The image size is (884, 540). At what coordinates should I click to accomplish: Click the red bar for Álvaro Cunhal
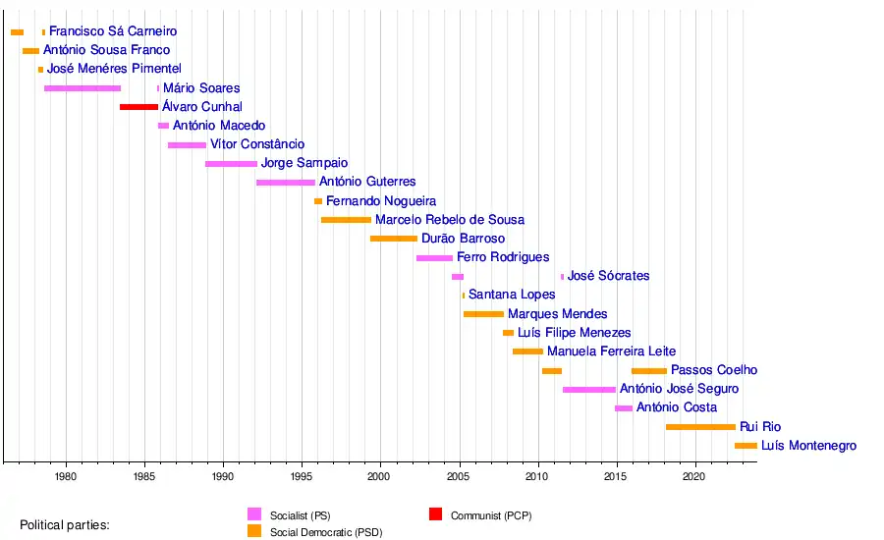[x=138, y=107]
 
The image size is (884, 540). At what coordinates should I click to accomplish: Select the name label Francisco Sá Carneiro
[x=113, y=32]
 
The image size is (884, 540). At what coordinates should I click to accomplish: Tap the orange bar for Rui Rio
[x=700, y=427]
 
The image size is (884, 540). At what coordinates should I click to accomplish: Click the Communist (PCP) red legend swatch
[x=437, y=514]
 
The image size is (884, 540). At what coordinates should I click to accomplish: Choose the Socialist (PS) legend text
[x=299, y=515]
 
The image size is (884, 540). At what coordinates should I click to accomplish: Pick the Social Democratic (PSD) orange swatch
[x=254, y=531]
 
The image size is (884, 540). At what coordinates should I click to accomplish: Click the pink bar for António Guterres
[x=286, y=183]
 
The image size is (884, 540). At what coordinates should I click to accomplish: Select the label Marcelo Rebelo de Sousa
[x=449, y=220]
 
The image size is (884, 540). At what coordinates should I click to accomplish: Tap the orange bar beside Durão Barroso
[x=394, y=239]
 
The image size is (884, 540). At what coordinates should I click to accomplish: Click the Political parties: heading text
[x=65, y=525]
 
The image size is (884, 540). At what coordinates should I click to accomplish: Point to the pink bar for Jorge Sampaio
[x=231, y=164]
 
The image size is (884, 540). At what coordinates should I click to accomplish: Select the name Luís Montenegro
[x=808, y=446]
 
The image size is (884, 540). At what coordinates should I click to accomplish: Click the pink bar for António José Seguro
[x=589, y=390]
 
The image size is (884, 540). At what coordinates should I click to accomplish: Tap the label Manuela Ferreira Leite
[x=611, y=351]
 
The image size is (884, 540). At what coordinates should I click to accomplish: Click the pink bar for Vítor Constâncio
[x=187, y=145]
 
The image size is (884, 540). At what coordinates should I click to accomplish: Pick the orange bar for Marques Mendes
[x=483, y=314]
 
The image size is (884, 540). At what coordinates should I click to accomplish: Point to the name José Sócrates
[x=608, y=276]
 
